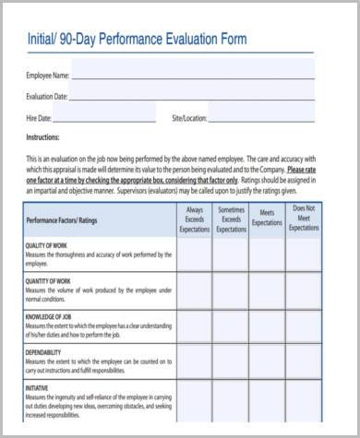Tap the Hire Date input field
pos(106,118)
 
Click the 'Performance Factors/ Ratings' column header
pos(61,221)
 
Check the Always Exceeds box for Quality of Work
pos(194,255)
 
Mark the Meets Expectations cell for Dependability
pos(267,361)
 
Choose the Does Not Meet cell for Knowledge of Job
pos(304,326)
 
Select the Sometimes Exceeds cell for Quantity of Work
pos(231,290)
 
